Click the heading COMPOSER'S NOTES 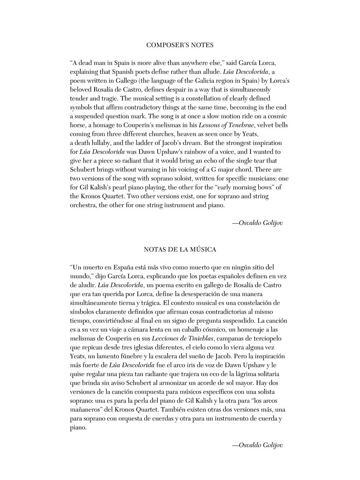click(x=180, y=45)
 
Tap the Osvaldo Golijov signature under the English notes click(x=257, y=223)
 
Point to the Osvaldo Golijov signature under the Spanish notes click(x=257, y=445)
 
